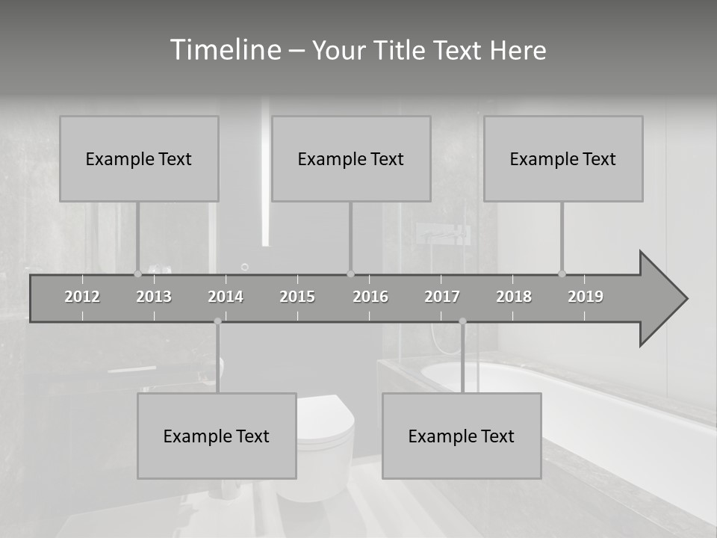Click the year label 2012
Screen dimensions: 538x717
[x=82, y=297]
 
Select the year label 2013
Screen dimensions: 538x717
[x=154, y=297]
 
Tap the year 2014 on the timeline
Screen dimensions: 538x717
[x=226, y=297]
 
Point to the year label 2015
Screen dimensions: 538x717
[x=297, y=297]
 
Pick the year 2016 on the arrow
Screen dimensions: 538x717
[x=370, y=297]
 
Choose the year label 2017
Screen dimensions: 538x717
[x=442, y=297]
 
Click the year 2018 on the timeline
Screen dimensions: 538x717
[x=514, y=297]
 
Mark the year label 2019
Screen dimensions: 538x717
[x=586, y=297]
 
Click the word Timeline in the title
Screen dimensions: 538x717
[x=224, y=49]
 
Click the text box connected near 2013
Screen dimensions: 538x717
[x=139, y=158]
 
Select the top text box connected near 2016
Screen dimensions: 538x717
[x=351, y=158]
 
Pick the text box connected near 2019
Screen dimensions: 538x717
[x=563, y=158]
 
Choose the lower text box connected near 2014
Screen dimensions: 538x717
[x=217, y=436]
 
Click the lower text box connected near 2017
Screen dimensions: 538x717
[x=462, y=436]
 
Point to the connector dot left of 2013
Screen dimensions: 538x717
[x=137, y=273]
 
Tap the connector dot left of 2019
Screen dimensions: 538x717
[x=562, y=273]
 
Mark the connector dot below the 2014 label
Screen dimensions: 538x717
[x=217, y=321]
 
